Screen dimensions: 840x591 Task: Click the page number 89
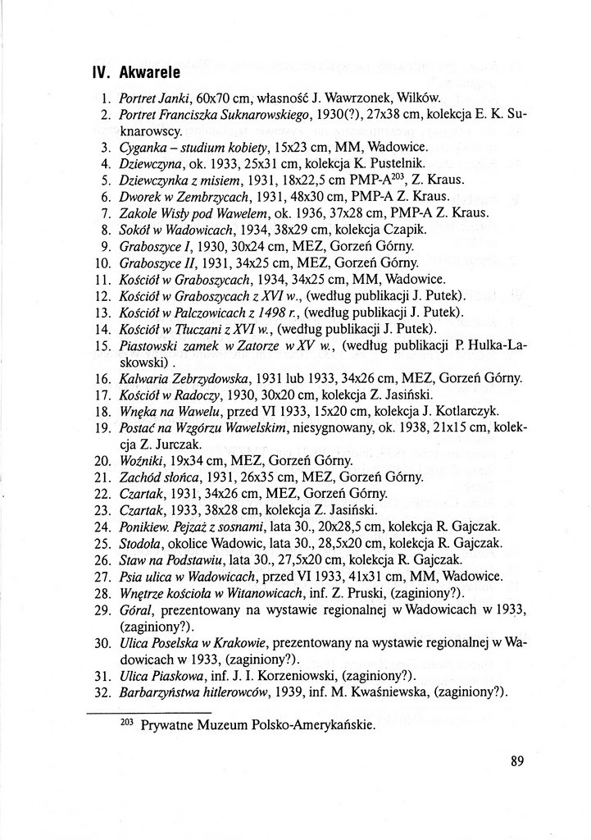click(516, 760)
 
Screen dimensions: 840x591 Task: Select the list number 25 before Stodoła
click(102, 542)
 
